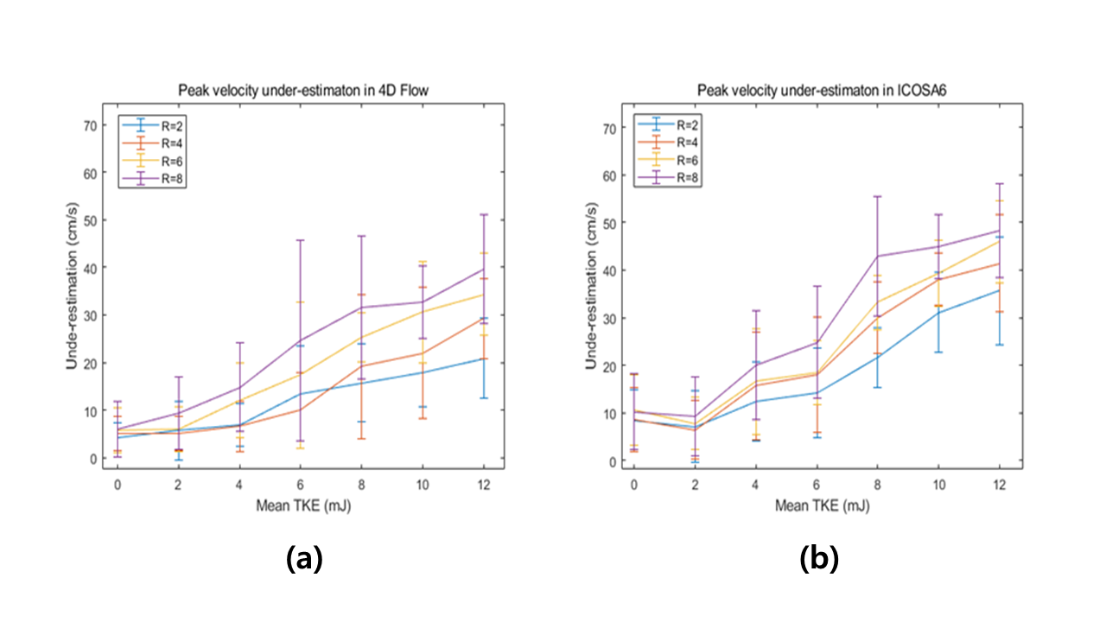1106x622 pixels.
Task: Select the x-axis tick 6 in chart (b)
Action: (817, 486)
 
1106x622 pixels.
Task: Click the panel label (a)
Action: (304, 560)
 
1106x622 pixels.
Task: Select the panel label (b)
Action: (819, 560)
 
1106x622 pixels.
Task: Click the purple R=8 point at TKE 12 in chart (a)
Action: (484, 270)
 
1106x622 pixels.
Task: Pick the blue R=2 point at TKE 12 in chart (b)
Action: (1000, 290)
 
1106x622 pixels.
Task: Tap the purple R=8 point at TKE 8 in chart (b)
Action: (877, 256)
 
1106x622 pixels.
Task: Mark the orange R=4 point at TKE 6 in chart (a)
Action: (301, 409)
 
